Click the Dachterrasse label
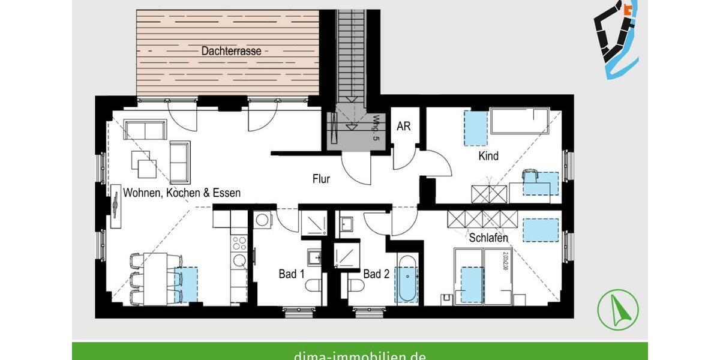click(231, 52)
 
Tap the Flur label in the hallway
click(321, 178)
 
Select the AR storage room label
click(404, 127)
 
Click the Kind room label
click(488, 157)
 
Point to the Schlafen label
click(488, 238)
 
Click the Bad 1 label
click(292, 274)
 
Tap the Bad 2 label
click(377, 274)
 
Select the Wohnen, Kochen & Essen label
click(182, 193)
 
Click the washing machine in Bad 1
click(262, 220)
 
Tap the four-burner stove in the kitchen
click(239, 243)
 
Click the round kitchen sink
click(239, 260)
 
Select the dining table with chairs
click(157, 278)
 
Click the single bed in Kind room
click(520, 121)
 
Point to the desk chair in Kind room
click(530, 176)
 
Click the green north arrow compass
click(618, 309)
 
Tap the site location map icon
click(616, 37)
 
